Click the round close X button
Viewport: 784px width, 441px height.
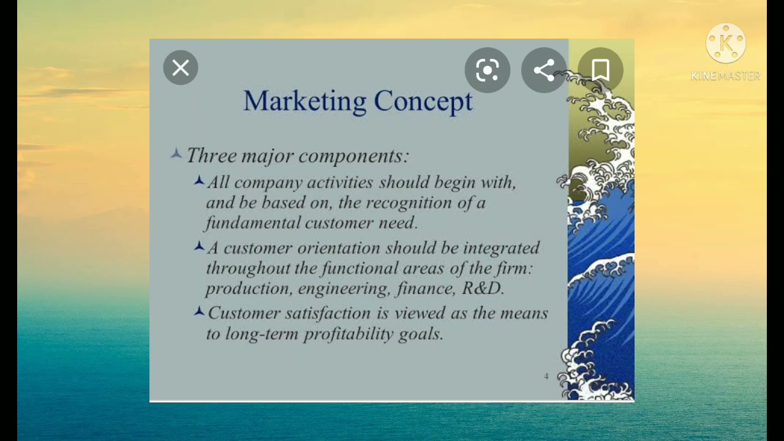(181, 68)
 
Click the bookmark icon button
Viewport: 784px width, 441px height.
(600, 70)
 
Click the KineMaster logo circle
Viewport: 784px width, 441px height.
(726, 43)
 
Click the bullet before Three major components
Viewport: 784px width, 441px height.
(176, 154)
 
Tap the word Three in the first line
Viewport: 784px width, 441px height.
(211, 156)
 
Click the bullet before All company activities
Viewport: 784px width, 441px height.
(199, 181)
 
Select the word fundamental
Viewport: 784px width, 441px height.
(252, 223)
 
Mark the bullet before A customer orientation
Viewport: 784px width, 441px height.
(199, 246)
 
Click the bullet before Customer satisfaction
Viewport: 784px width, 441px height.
(199, 312)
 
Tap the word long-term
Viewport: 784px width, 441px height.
(262, 334)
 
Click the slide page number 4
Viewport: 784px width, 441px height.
(546, 376)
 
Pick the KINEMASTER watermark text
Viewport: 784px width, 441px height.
(726, 76)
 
